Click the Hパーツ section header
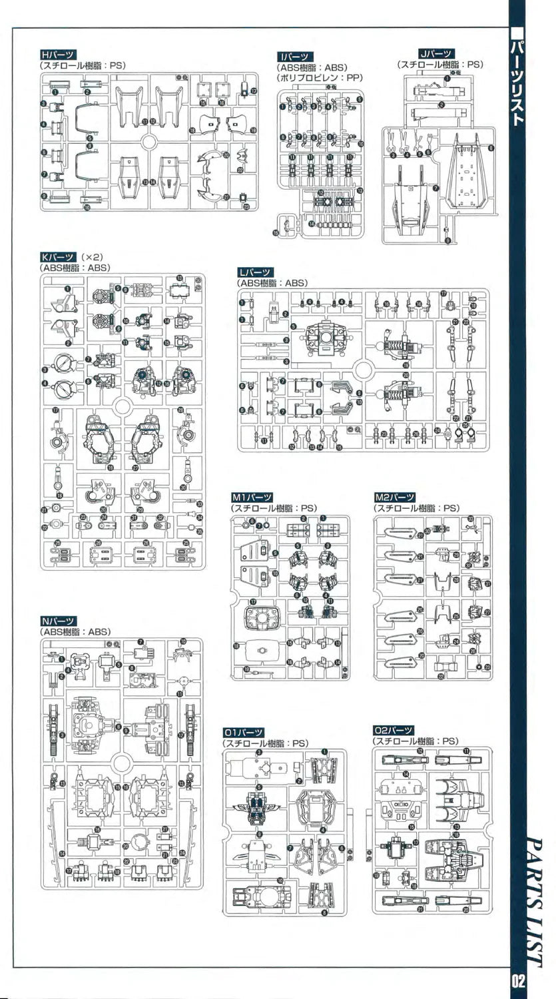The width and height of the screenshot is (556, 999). tap(59, 55)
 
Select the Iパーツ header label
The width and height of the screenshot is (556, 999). tap(296, 57)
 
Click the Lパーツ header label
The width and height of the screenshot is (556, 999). tap(255, 272)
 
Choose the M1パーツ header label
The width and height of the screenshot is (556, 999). tap(252, 497)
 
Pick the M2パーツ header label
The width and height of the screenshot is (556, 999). tap(395, 497)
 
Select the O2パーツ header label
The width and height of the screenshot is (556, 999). tap(394, 731)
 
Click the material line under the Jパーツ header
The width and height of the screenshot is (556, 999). tap(440, 65)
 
